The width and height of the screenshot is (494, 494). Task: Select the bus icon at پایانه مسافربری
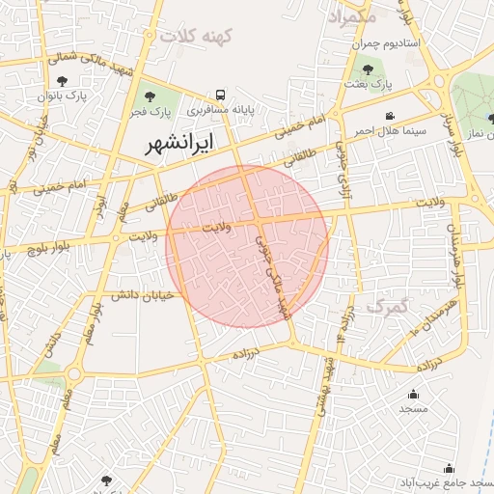221,95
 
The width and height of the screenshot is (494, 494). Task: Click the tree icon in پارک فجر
148,96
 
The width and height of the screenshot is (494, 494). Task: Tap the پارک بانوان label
63,96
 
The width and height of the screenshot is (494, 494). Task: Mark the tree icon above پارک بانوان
63,81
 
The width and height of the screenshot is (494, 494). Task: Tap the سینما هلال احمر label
362,129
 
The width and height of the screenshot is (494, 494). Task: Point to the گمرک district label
390,307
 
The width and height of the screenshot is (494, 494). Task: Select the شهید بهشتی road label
326,386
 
